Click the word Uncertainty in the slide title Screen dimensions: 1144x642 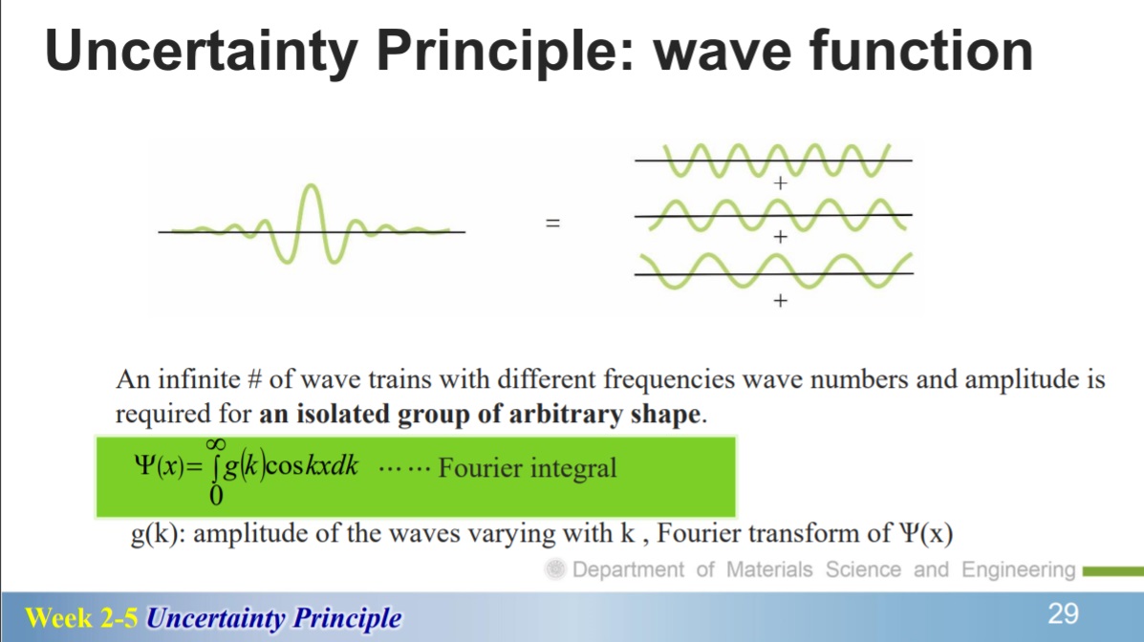(202, 51)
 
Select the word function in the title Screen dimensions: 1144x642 (920, 50)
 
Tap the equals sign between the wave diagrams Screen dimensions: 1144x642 (553, 223)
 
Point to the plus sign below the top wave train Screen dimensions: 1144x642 (780, 182)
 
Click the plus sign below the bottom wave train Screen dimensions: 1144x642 (780, 300)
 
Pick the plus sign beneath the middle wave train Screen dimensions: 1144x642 (780, 236)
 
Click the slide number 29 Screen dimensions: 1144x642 (1063, 613)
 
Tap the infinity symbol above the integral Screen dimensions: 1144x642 (215, 444)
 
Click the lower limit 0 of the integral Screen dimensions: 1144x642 (216, 496)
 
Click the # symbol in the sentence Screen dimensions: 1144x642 (254, 379)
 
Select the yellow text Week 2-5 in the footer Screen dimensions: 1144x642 (81, 618)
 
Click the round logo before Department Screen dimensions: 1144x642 (555, 569)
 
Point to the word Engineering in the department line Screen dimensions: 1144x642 (1019, 569)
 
